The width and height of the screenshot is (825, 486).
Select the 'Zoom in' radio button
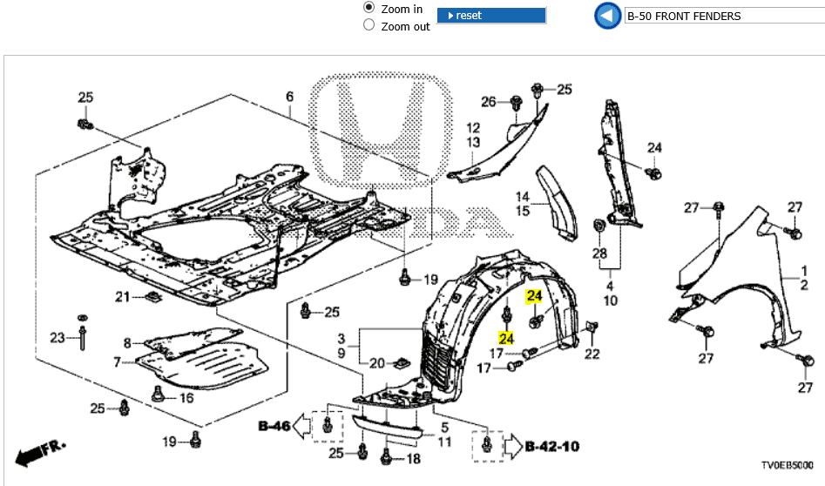pos(369,8)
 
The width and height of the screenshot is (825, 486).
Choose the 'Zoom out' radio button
pos(369,25)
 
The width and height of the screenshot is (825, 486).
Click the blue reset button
pos(490,16)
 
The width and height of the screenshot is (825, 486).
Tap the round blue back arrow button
pos(606,16)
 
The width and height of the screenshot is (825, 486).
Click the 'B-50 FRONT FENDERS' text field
pos(723,16)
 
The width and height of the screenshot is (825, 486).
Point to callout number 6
pos(290,97)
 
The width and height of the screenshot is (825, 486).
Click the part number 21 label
pos(123,297)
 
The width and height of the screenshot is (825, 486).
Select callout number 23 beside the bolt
pos(57,337)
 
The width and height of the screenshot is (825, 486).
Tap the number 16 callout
pos(186,398)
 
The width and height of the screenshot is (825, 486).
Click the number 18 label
pos(413,459)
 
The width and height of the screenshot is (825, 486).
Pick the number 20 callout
pos(376,363)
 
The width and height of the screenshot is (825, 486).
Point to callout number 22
pos(592,354)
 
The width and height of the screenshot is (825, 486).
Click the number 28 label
pos(599,253)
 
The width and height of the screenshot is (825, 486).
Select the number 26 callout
pos(489,102)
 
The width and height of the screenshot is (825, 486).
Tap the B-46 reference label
pos(274,426)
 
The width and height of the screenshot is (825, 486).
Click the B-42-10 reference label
pos(552,447)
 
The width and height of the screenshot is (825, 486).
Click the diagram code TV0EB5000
pos(787,465)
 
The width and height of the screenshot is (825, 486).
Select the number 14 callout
pos(522,196)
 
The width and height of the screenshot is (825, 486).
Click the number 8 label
pos(126,343)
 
